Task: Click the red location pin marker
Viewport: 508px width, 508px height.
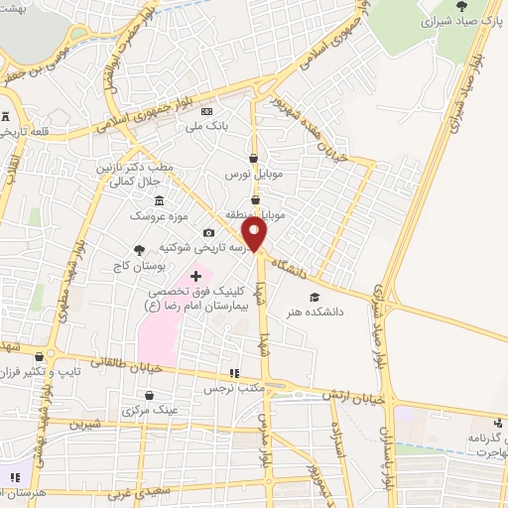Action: click(255, 233)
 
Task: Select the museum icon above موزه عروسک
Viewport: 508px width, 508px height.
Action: click(159, 201)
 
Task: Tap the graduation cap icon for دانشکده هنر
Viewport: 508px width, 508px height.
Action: click(315, 297)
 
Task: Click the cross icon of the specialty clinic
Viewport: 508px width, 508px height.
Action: click(195, 275)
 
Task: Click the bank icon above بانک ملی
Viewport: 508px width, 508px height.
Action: click(206, 111)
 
